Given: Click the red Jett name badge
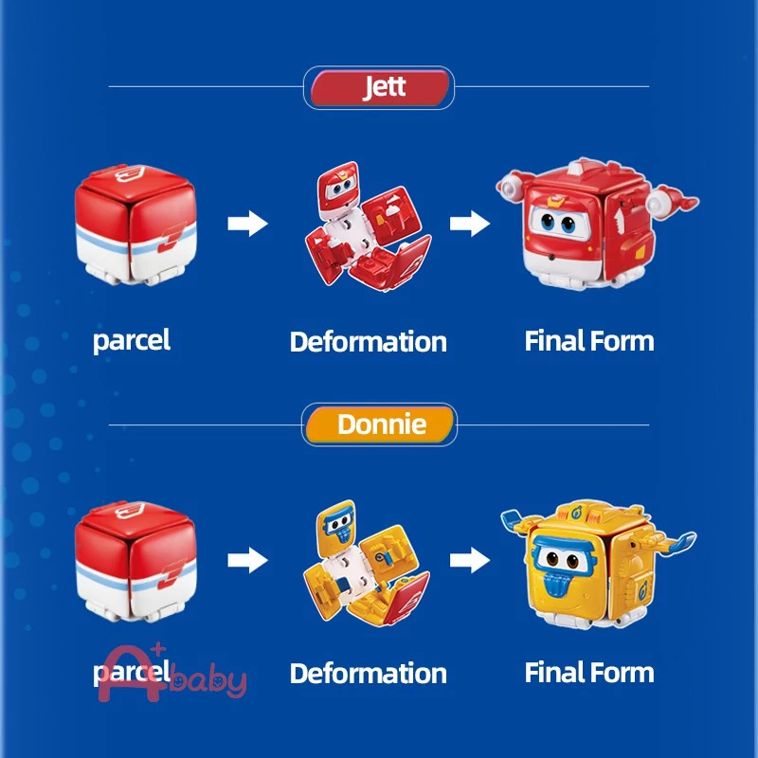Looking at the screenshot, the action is click(379, 87).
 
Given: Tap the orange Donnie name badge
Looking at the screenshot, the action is click(380, 424).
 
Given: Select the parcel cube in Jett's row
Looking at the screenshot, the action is click(135, 225).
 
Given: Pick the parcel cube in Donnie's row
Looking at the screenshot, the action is click(135, 561).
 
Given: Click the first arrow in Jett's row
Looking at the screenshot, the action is click(247, 224).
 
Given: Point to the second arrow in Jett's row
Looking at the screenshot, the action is click(469, 224).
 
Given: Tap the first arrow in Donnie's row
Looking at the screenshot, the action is click(247, 560).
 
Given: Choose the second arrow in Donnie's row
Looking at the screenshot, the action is click(469, 560).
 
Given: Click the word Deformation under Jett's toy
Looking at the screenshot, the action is click(369, 342).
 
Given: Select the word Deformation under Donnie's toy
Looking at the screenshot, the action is click(369, 674).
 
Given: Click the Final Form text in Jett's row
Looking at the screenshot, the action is click(589, 341).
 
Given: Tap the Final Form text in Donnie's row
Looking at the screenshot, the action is click(589, 673).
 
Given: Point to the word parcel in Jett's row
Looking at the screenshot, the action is click(132, 341).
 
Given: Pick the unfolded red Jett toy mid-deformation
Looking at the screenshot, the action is click(369, 226).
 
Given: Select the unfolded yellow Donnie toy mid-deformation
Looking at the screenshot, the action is click(367, 563).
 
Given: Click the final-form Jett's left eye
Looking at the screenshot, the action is click(548, 223).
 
